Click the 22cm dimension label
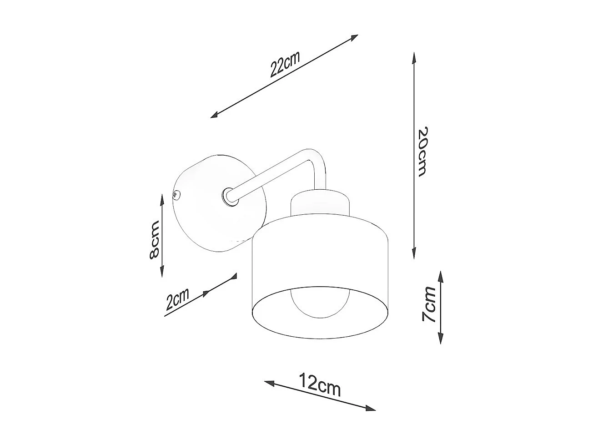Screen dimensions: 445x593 click(285, 65)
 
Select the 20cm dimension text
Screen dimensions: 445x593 click(422, 151)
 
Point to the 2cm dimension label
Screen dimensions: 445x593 click(177, 300)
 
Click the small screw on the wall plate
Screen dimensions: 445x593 click(175, 195)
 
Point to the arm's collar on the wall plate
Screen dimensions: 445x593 click(227, 196)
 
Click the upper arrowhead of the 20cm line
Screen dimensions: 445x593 click(414, 57)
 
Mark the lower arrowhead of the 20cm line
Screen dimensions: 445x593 click(414, 254)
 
